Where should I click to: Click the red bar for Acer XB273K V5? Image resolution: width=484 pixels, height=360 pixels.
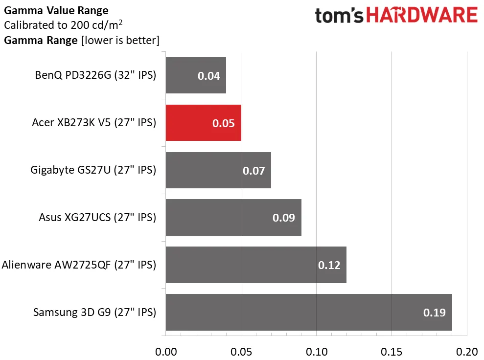pyautogui.click(x=203, y=123)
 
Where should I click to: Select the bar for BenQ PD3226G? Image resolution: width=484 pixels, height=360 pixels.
pyautogui.click(x=196, y=75)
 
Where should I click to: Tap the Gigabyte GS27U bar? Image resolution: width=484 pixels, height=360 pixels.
pyautogui.click(x=218, y=170)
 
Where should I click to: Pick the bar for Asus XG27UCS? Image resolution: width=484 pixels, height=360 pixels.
pyautogui.click(x=233, y=218)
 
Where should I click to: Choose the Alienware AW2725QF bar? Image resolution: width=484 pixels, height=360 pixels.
pyautogui.click(x=256, y=265)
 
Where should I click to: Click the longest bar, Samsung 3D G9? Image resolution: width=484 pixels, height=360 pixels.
pyautogui.click(x=309, y=312)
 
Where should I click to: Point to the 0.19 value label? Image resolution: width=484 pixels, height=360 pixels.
pyautogui.click(x=434, y=313)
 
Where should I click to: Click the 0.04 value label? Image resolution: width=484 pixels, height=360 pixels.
pyautogui.click(x=208, y=76)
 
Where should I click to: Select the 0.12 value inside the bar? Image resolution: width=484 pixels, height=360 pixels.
pyautogui.click(x=329, y=265)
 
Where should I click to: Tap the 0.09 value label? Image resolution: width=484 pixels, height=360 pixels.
pyautogui.click(x=284, y=218)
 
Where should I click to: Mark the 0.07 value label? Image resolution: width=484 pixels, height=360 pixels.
pyautogui.click(x=254, y=171)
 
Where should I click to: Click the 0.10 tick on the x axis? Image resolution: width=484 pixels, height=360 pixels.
pyautogui.click(x=316, y=351)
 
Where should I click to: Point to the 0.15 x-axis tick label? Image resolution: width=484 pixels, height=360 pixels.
pyautogui.click(x=392, y=351)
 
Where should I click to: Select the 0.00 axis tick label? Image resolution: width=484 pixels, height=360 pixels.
pyautogui.click(x=166, y=351)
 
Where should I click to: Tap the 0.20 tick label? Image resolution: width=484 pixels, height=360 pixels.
pyautogui.click(x=466, y=351)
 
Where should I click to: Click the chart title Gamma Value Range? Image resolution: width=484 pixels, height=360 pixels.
pyautogui.click(x=56, y=10)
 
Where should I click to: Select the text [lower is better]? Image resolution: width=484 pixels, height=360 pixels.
pyautogui.click(x=119, y=40)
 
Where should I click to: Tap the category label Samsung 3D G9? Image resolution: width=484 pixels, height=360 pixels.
pyautogui.click(x=94, y=312)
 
